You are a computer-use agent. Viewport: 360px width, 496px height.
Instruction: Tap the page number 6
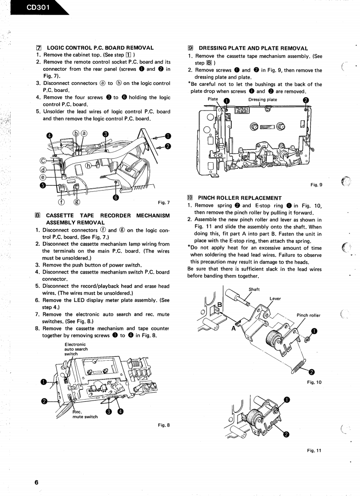[x=37, y=470]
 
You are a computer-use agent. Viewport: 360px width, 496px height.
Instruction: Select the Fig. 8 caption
[x=164, y=425]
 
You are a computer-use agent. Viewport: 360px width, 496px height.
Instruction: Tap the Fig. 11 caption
[x=315, y=450]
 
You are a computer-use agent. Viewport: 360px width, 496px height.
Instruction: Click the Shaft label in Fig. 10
[x=254, y=290]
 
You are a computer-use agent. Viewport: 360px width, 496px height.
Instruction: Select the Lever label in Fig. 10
[x=275, y=298]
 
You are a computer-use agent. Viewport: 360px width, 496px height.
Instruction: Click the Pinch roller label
[x=308, y=315]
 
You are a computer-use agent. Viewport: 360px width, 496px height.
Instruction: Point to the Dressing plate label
[x=263, y=99]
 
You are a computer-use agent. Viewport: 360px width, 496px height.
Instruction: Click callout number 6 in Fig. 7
[x=115, y=197]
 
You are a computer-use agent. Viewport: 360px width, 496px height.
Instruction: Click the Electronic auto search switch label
[x=75, y=349]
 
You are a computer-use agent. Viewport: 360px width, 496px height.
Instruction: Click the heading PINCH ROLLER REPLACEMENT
[x=240, y=198]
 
